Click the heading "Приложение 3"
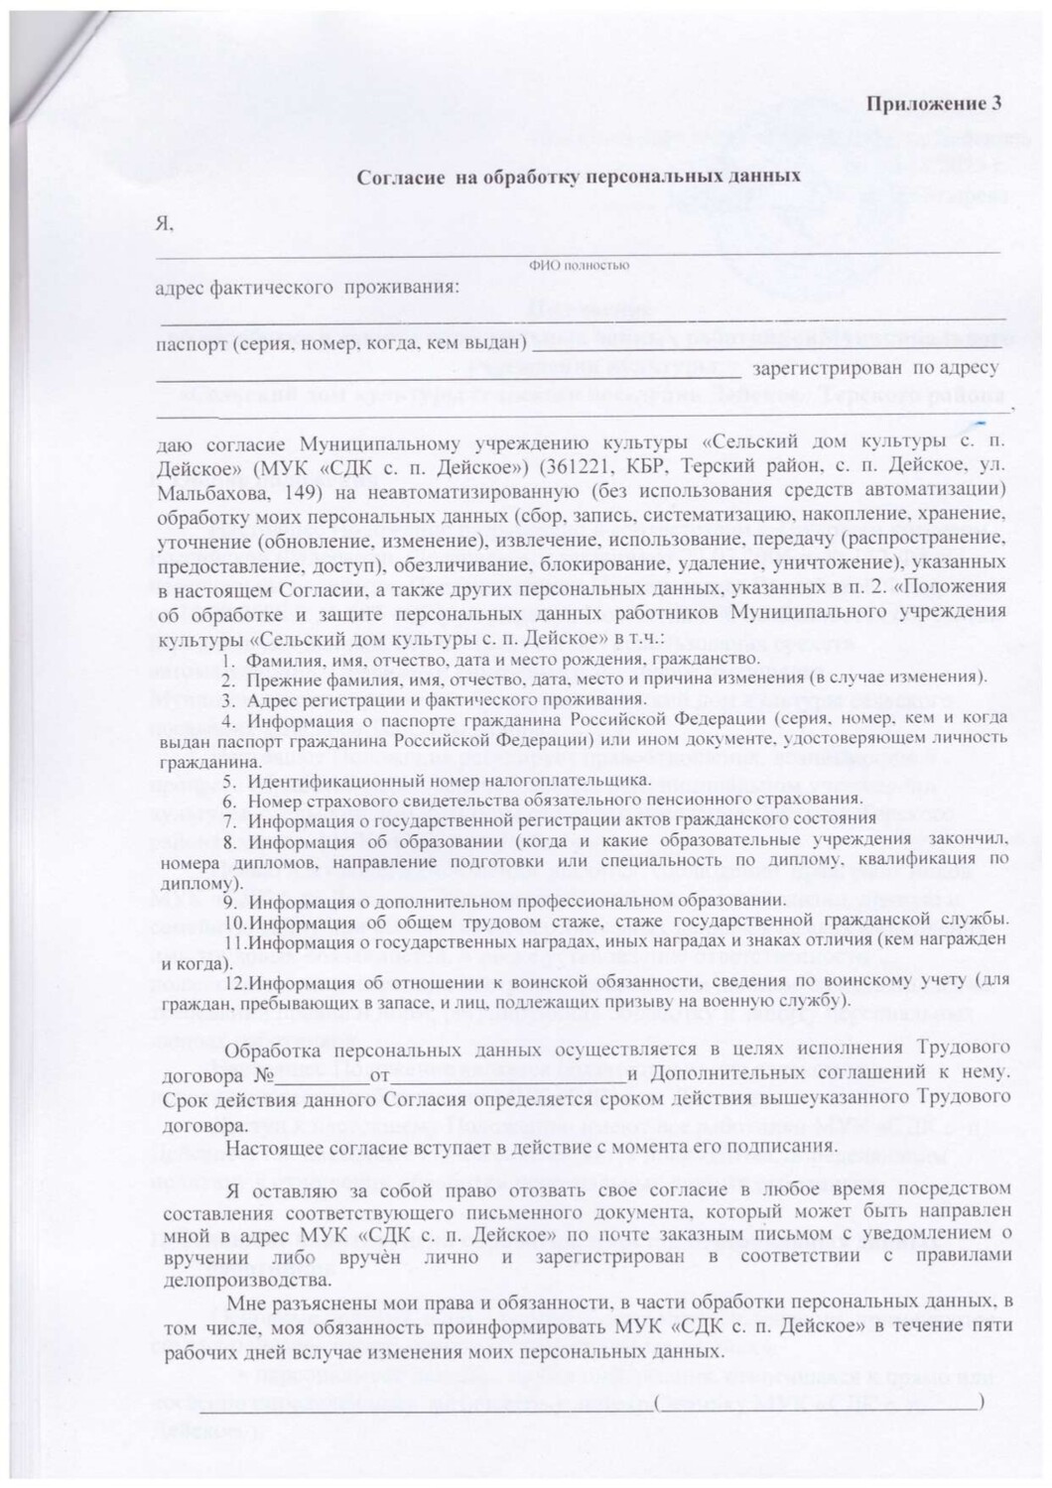pyautogui.click(x=935, y=104)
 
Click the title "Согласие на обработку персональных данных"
pyautogui.click(x=578, y=177)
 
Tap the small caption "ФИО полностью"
pyautogui.click(x=579, y=265)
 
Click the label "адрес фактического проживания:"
pyautogui.click(x=308, y=288)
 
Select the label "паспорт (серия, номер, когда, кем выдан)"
pyautogui.click(x=339, y=344)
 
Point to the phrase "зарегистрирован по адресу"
pyautogui.click(x=875, y=369)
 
